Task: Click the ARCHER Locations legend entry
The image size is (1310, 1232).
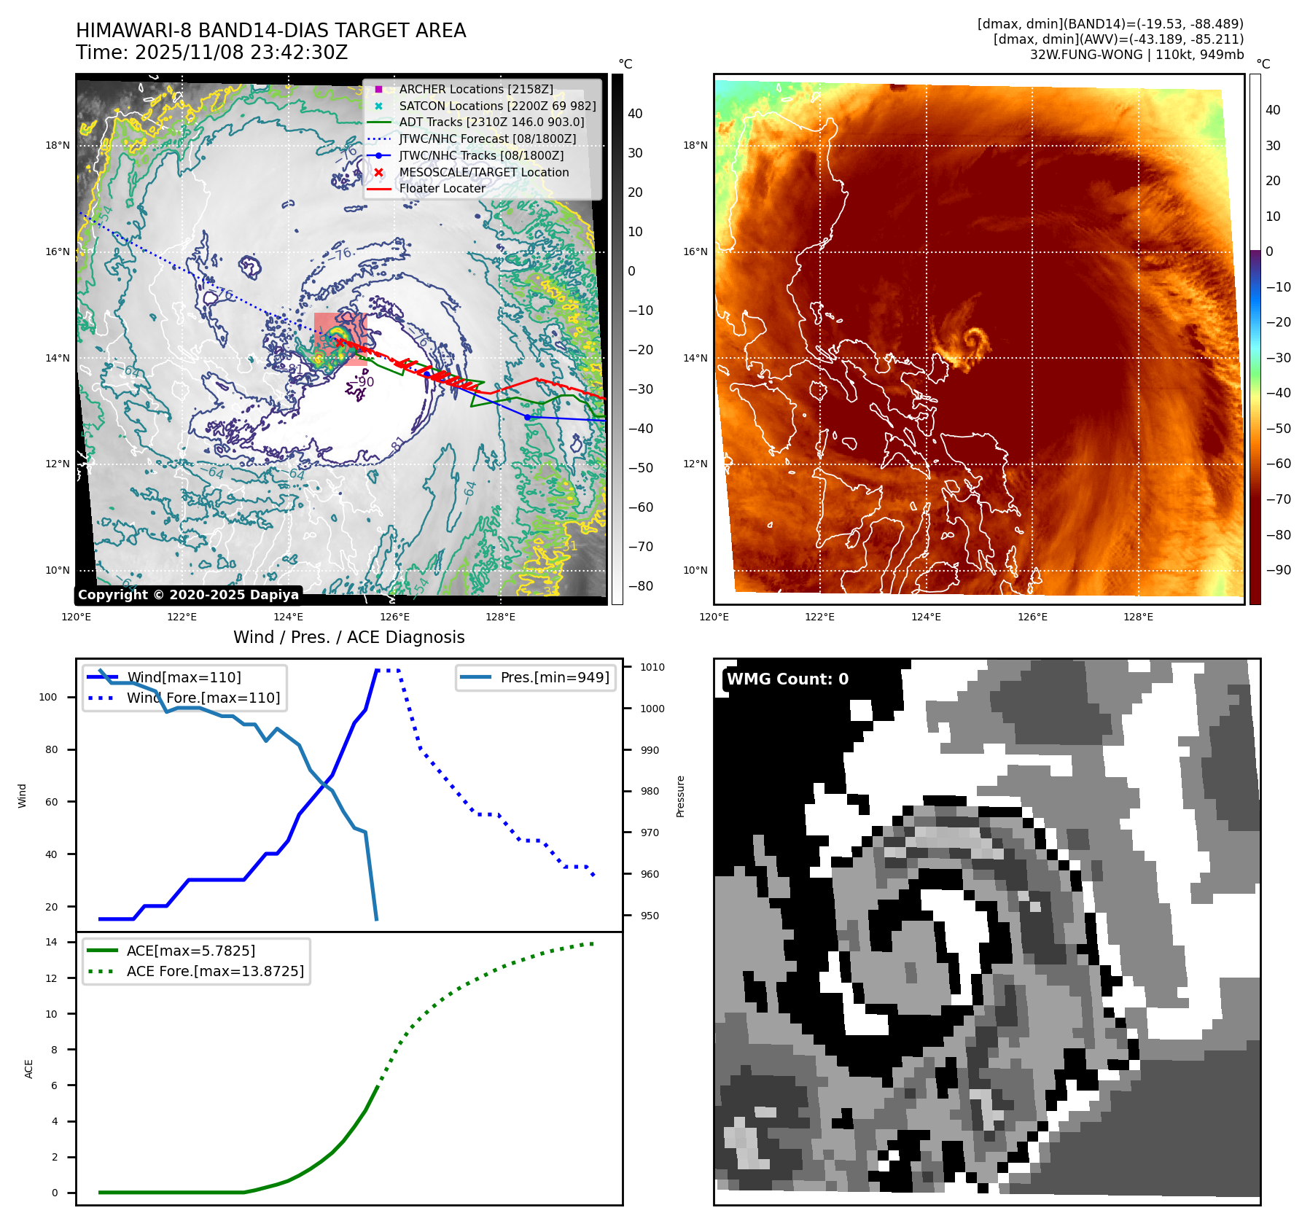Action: pyautogui.click(x=476, y=89)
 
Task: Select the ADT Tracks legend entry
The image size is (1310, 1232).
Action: pyautogui.click(x=491, y=122)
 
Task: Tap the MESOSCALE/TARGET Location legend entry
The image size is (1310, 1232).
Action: pyautogui.click(x=483, y=172)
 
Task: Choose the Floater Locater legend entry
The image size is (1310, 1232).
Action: pyautogui.click(x=442, y=188)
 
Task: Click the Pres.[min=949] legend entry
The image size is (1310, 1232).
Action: pyautogui.click(x=554, y=677)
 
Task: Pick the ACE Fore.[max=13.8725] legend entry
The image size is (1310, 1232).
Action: pyautogui.click(x=215, y=971)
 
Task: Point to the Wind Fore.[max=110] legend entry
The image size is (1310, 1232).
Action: pyautogui.click(x=203, y=698)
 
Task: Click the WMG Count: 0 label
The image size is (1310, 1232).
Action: pyautogui.click(x=787, y=679)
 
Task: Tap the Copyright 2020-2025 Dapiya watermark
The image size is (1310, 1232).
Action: pyautogui.click(x=188, y=595)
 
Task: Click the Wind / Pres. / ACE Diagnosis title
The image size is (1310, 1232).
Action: pyautogui.click(x=348, y=637)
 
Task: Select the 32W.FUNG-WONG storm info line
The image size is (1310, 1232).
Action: pyautogui.click(x=1136, y=55)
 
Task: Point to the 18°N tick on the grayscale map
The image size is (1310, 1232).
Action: pyautogui.click(x=58, y=145)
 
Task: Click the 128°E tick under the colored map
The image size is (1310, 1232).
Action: pyautogui.click(x=1138, y=617)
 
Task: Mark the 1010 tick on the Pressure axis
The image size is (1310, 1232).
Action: pyautogui.click(x=652, y=667)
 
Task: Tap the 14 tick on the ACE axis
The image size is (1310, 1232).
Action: pyautogui.click(x=52, y=942)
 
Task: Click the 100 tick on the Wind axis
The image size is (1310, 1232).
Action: pyautogui.click(x=48, y=697)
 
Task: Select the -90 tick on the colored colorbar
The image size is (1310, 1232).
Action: pyautogui.click(x=1278, y=570)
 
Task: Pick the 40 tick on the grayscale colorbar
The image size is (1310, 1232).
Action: pyautogui.click(x=635, y=114)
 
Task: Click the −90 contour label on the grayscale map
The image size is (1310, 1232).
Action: pyautogui.click(x=363, y=381)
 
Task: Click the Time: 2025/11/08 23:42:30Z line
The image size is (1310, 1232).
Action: pyautogui.click(x=211, y=52)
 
